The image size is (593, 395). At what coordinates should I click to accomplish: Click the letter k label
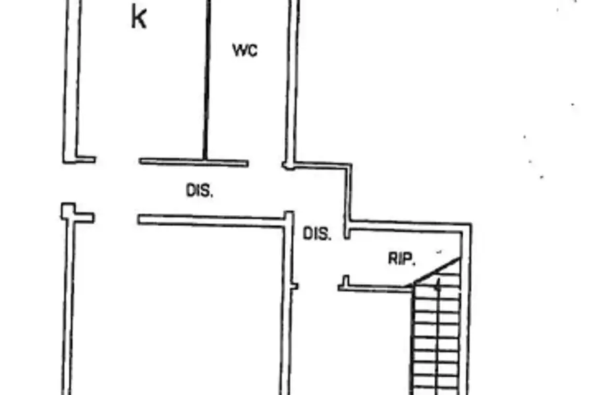(x=138, y=17)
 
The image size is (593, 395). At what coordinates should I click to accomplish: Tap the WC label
(x=245, y=50)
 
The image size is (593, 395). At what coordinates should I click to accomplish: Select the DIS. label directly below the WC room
(x=200, y=190)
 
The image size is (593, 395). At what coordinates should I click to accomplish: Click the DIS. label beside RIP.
(x=318, y=234)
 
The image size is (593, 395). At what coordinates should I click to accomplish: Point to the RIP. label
(x=402, y=259)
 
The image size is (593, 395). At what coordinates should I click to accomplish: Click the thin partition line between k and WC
(x=206, y=80)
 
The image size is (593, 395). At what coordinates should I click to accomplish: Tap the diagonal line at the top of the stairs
(x=438, y=271)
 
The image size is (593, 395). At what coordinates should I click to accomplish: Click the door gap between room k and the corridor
(x=117, y=161)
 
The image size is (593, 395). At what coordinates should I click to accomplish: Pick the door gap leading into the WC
(x=266, y=165)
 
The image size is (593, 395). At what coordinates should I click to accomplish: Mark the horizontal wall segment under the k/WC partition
(x=194, y=162)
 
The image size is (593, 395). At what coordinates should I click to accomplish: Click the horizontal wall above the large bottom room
(x=211, y=221)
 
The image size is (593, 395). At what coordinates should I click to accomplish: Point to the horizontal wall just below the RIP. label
(x=375, y=289)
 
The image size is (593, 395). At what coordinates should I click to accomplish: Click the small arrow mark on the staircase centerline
(x=438, y=286)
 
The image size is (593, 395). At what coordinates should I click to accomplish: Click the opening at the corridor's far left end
(x=68, y=183)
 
